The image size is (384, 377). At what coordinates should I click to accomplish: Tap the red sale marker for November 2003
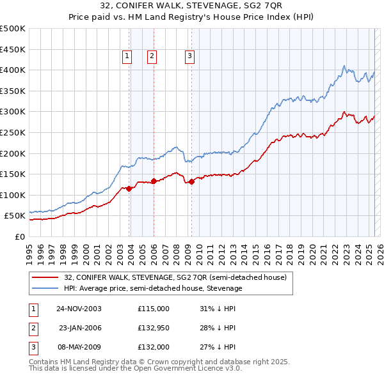129,188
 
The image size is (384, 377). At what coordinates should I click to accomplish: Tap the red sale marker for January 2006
154,181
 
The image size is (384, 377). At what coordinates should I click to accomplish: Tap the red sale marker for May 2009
191,181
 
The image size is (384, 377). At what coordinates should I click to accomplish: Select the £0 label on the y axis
20,236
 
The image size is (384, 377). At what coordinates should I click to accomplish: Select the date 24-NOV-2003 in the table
79,309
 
